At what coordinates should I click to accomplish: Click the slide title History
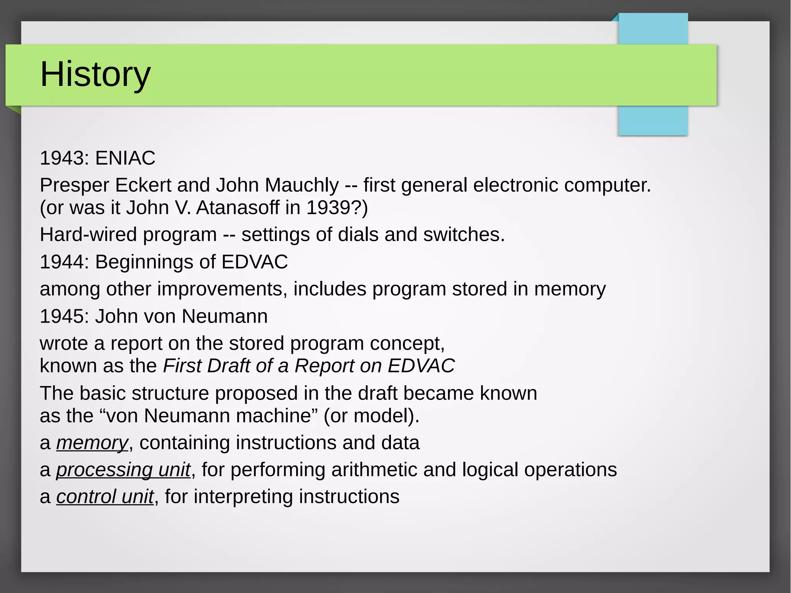pos(95,75)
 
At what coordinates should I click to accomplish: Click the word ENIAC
pos(125,158)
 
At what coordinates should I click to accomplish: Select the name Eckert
pos(143,185)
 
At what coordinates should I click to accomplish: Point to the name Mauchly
pos(302,185)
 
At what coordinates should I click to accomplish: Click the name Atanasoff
pos(237,208)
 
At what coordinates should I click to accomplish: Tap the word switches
pos(463,235)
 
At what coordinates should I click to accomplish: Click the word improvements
pos(222,289)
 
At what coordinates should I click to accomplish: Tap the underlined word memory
pos(92,443)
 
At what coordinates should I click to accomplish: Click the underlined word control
pos(86,497)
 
